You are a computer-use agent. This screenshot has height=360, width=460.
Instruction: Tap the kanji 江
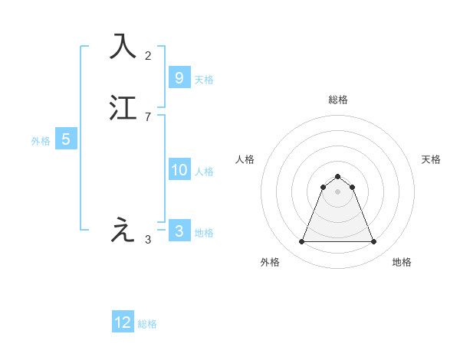[x=123, y=108]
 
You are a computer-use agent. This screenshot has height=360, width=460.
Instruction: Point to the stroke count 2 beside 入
[x=148, y=55]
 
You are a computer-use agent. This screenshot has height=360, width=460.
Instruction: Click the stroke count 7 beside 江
[x=148, y=116]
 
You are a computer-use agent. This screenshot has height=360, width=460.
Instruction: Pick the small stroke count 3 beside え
[x=148, y=239]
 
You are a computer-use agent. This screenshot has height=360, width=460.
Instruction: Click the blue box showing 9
[x=179, y=77]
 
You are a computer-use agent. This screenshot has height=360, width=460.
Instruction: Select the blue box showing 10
[x=179, y=170]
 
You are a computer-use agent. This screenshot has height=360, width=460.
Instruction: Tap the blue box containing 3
[x=179, y=231]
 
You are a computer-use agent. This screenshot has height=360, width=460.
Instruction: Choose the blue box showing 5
[x=66, y=139]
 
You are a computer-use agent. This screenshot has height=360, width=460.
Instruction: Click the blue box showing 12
[x=123, y=322]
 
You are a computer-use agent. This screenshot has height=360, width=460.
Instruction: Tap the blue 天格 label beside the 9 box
[x=204, y=79]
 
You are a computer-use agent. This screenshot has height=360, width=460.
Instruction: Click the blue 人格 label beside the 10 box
[x=204, y=172]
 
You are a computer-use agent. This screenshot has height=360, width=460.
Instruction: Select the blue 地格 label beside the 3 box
[x=204, y=233]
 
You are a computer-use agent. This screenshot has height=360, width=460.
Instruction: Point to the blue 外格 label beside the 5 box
[x=41, y=141]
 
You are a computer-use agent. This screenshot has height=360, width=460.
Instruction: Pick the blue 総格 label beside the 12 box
[x=147, y=324]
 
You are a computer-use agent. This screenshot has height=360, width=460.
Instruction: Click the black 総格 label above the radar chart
[x=338, y=100]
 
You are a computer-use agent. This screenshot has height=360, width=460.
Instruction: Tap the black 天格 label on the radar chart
[x=431, y=159]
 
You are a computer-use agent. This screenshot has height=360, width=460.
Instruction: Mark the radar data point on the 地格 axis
[x=374, y=242]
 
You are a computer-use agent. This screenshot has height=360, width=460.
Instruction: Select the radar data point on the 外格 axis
[x=301, y=242]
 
